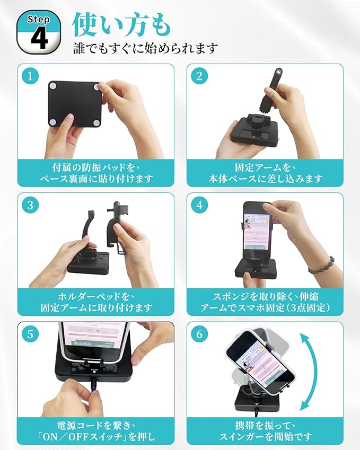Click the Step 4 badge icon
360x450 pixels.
tap(39, 32)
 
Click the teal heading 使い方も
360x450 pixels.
tap(121, 25)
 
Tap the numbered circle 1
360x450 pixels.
tap(30, 76)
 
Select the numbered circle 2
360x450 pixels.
tap(199, 76)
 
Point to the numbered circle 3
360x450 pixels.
tap(30, 205)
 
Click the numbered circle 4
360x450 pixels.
tap(199, 205)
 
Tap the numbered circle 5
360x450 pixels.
tap(30, 334)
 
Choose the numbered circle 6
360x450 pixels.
tap(199, 334)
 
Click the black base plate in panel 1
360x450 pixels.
tap(75, 104)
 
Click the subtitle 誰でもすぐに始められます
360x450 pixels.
tap(145, 48)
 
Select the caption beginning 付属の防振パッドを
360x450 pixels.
tap(96, 173)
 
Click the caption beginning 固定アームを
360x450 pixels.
tap(265, 173)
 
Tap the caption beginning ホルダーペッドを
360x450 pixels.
tap(96, 302)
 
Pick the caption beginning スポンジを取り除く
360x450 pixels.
tap(265, 302)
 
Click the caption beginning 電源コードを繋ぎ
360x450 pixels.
tap(96, 431)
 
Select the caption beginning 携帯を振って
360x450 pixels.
tap(265, 431)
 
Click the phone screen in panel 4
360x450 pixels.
tap(258, 231)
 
